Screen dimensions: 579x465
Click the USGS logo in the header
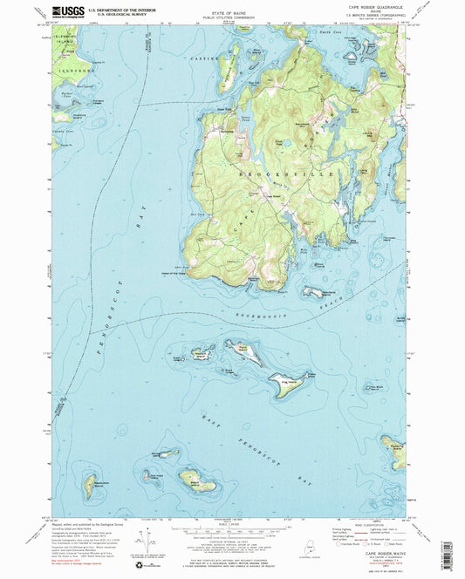(x=65, y=11)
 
